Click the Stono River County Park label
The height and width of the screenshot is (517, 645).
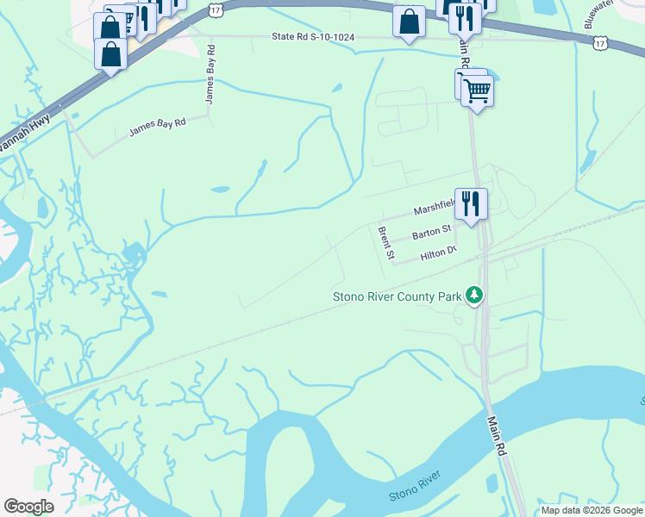(398, 298)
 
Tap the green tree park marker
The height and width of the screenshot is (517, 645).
(473, 296)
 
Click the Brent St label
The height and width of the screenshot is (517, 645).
(385, 243)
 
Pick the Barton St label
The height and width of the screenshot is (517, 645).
(431, 233)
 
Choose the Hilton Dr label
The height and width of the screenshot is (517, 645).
(437, 252)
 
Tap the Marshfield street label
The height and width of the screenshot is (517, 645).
(433, 209)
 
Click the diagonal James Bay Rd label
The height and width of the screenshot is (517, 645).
(157, 128)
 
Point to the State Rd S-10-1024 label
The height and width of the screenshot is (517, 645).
(313, 37)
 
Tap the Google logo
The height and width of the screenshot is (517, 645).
(28, 507)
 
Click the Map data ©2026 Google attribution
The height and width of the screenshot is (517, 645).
(592, 510)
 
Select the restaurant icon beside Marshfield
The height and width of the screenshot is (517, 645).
(471, 204)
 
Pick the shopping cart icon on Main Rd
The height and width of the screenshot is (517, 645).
(477, 89)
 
